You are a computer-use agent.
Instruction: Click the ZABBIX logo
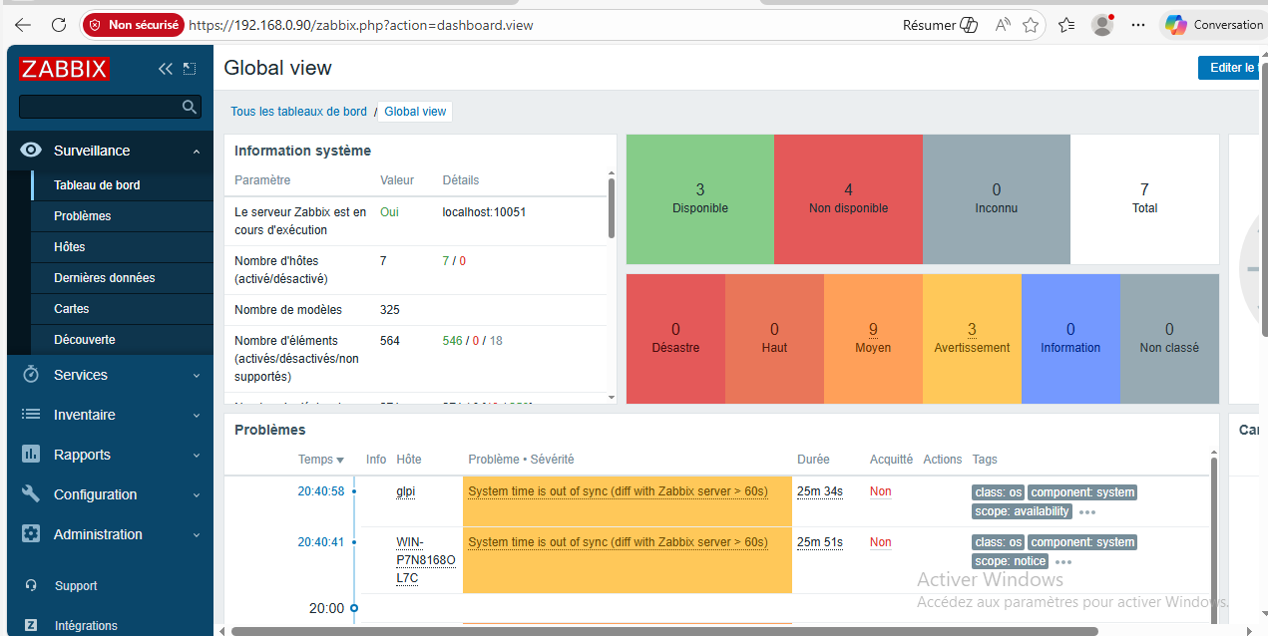pos(64,69)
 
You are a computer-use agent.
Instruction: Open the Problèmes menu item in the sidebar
pos(83,216)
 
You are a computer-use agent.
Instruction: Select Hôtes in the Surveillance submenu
pos(70,247)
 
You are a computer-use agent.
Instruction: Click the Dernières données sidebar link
pos(105,278)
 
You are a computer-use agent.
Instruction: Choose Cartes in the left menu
pos(72,309)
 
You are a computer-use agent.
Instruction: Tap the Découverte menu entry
pos(85,340)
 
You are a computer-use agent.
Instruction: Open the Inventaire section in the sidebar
pos(85,415)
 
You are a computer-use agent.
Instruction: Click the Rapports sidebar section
pos(82,455)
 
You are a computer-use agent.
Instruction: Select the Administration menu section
pos(98,534)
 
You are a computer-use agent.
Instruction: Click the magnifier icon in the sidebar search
pos(190,107)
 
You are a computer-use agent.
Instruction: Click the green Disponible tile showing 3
pos(700,198)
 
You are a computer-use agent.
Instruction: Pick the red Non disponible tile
pos(848,198)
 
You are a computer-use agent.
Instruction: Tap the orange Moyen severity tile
pos(873,338)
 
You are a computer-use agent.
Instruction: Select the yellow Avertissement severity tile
pos(972,338)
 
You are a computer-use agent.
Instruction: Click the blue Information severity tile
pos(1070,338)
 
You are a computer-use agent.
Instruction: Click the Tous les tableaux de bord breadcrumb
pos(299,112)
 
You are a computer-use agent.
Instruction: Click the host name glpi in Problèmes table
pos(406,491)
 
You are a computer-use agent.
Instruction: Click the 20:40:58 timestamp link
pos(320,491)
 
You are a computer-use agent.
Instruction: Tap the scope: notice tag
pos(1010,561)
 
